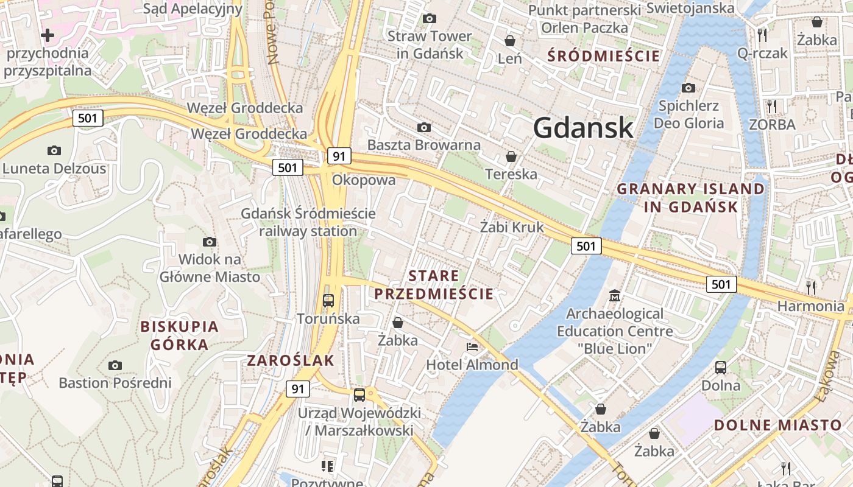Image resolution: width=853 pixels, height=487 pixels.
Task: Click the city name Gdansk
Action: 583,128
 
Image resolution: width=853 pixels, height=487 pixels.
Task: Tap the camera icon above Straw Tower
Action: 430,19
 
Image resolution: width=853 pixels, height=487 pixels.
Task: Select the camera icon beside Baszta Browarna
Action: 424,127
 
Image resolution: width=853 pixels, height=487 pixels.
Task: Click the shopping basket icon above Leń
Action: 510,41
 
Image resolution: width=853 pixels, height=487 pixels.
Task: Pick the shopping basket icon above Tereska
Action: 511,156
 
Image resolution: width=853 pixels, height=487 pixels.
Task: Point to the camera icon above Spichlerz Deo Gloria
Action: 688,88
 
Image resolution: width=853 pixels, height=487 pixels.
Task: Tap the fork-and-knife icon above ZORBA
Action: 772,107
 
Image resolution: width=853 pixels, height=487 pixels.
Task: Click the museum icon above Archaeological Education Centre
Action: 615,296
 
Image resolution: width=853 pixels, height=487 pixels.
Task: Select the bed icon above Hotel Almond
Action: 472,347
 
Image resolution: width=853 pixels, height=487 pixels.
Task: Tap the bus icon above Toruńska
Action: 328,300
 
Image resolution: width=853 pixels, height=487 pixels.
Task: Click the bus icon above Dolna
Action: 721,368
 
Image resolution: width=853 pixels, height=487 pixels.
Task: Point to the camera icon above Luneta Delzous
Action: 54,150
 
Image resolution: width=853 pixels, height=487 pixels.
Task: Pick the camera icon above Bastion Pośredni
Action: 115,365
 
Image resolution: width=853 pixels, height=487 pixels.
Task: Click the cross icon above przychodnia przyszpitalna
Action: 48,35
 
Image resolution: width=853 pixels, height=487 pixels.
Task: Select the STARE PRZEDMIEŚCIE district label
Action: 434,285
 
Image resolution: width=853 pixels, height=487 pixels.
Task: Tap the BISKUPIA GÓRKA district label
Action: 180,335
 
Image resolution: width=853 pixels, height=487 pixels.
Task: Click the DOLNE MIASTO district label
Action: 777,425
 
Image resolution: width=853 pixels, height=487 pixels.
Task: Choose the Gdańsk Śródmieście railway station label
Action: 308,223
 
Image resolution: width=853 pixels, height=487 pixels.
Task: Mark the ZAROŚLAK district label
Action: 291,360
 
